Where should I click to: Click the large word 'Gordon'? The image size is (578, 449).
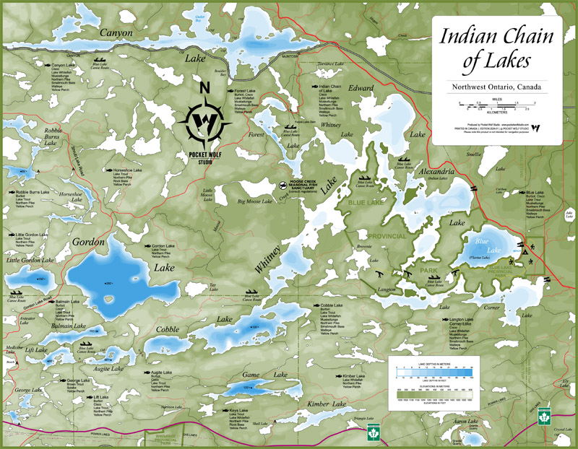coord(87,242)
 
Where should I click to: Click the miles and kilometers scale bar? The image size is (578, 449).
coord(495,108)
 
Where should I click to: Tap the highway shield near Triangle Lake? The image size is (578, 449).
coord(374,433)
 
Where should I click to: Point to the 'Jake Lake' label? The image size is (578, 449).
coord(569,213)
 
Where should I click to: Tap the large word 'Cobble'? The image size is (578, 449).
coord(167,329)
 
